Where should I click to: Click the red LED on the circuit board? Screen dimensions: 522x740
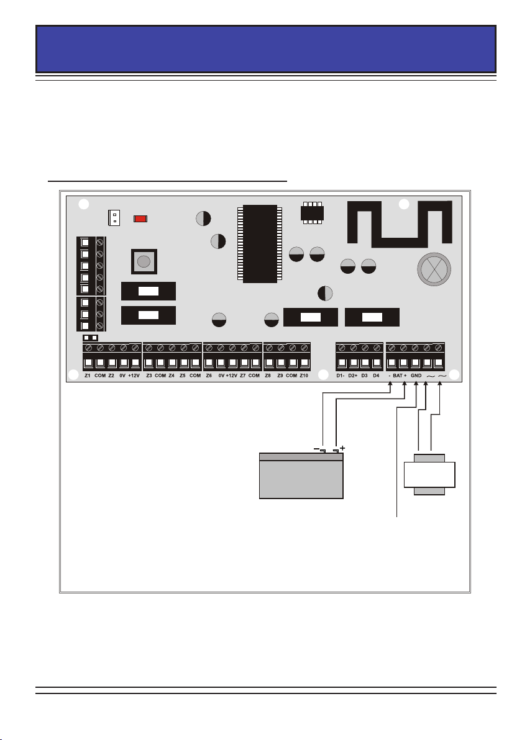point(140,219)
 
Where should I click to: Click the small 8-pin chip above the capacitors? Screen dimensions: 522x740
point(310,212)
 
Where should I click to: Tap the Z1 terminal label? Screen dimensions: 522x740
point(88,376)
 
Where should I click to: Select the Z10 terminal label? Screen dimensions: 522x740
point(304,376)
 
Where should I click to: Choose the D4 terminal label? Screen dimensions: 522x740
point(376,376)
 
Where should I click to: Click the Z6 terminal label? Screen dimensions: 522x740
point(209,376)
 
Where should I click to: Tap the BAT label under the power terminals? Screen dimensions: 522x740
point(398,376)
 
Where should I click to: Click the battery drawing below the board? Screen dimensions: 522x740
point(301,476)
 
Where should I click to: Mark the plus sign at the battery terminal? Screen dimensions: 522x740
point(342,447)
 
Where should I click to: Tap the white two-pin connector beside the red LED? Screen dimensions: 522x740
point(114,218)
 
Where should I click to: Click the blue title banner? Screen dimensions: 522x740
point(266,48)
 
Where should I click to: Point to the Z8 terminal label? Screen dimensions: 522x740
point(268,376)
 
